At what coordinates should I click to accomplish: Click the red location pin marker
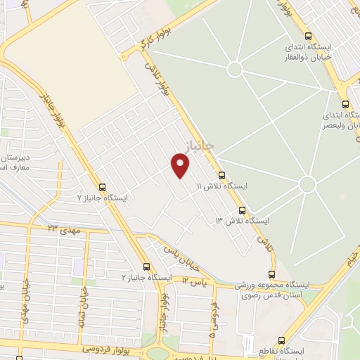tap(181, 165)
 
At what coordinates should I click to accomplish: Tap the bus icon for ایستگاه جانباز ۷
tap(103, 187)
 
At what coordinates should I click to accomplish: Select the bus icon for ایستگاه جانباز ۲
tap(146, 266)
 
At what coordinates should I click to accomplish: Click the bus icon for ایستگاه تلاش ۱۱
tap(222, 175)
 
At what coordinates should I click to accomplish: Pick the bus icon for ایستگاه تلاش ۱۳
tap(242, 210)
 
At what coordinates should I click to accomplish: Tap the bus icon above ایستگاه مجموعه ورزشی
tap(272, 275)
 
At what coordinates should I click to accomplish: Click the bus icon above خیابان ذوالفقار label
tap(308, 37)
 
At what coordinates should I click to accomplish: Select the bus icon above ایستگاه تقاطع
tap(282, 340)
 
